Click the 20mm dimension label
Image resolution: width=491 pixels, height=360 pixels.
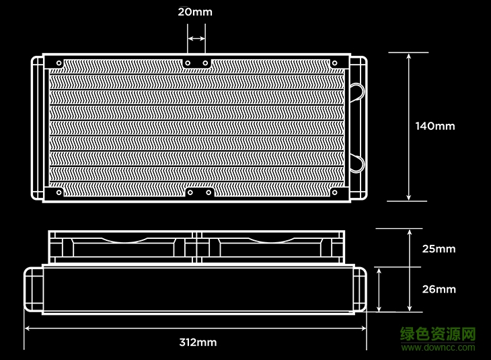tap(195, 12)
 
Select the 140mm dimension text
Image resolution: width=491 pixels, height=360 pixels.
tap(435, 126)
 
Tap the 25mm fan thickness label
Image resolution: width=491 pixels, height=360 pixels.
tap(439, 249)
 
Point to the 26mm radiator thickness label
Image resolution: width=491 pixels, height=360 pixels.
tap(439, 289)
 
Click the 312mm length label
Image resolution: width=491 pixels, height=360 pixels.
tap(198, 342)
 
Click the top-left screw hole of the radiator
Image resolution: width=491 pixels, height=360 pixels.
tap(59, 63)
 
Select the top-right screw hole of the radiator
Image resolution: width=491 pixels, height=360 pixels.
tap(335, 63)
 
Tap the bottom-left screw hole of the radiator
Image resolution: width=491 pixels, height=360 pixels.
tap(59, 192)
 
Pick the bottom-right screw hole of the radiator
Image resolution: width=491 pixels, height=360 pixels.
tap(335, 192)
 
